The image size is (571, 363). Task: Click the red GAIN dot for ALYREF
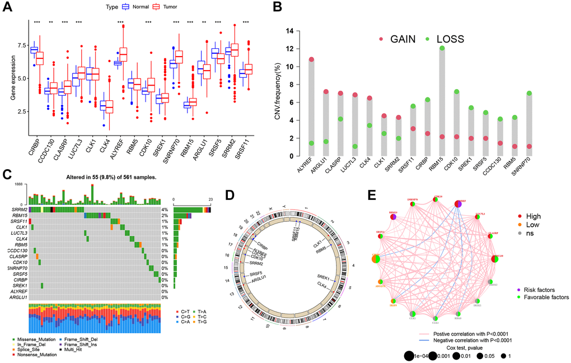(x=311, y=59)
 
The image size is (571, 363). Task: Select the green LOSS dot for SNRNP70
(x=528, y=94)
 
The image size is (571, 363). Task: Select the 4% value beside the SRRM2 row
(x=165, y=209)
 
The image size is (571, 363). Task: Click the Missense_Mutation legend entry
(x=35, y=339)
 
